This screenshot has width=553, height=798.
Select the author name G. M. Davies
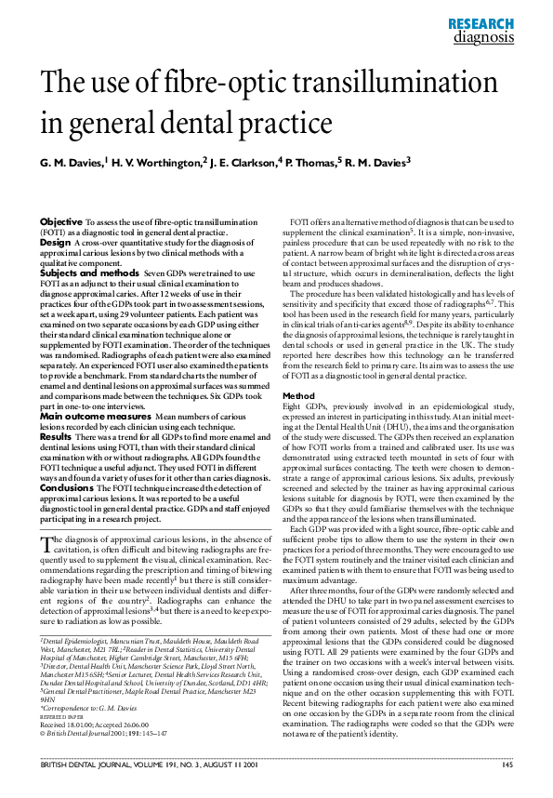[72, 163]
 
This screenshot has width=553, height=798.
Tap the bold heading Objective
[60, 220]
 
